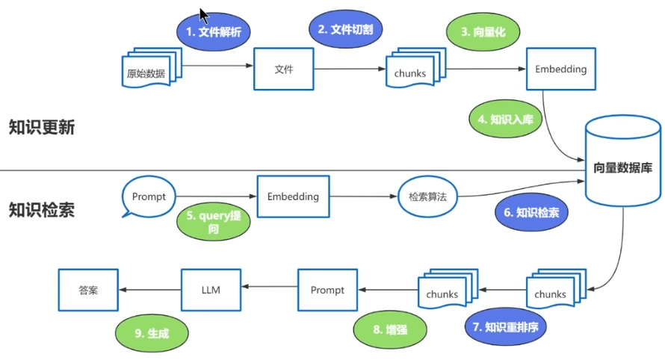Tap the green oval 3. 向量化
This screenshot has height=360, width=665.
[482, 32]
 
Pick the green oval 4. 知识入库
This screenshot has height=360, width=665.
[505, 119]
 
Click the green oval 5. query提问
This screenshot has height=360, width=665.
[213, 222]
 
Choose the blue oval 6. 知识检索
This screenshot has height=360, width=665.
[531, 213]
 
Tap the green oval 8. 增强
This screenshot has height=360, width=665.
[390, 329]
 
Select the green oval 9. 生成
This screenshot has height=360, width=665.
[152, 334]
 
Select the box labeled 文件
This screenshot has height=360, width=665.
[283, 69]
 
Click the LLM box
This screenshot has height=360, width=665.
[211, 290]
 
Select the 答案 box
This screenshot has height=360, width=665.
[88, 290]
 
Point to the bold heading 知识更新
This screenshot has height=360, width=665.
[42, 127]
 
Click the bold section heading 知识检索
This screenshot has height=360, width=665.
[42, 210]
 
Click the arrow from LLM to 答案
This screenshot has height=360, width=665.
[149, 290]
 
